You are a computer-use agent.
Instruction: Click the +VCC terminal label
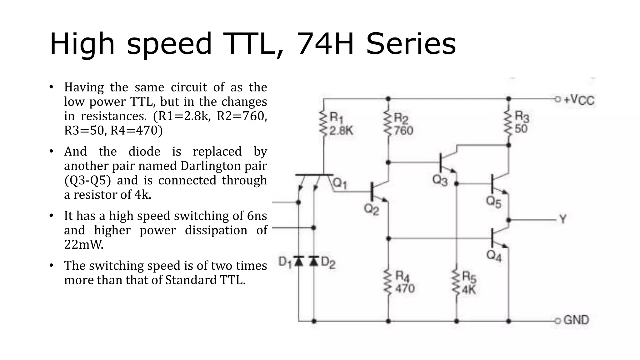pos(579,100)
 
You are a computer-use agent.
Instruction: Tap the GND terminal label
pos(576,320)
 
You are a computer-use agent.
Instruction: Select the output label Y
pos(563,219)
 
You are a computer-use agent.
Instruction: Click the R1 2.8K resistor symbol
pos(324,124)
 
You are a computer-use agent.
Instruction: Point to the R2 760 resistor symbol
pos(388,124)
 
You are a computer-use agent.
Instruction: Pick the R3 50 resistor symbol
pos(508,124)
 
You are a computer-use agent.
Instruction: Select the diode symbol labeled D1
pos(299,261)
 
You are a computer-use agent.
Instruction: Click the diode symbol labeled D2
pos(314,261)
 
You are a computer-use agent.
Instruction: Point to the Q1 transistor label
pos(340,183)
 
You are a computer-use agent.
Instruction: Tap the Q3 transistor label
pos(440,180)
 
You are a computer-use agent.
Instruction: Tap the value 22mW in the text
pos(84,244)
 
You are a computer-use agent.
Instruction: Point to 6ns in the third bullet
pos(257,216)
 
